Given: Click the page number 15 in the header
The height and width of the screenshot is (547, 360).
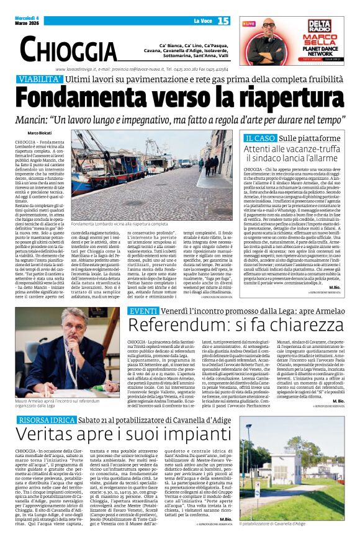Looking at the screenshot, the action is pyautogui.click(x=223, y=21).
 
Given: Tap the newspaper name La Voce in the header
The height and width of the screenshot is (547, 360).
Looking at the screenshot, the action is pyautogui.click(x=203, y=22).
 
